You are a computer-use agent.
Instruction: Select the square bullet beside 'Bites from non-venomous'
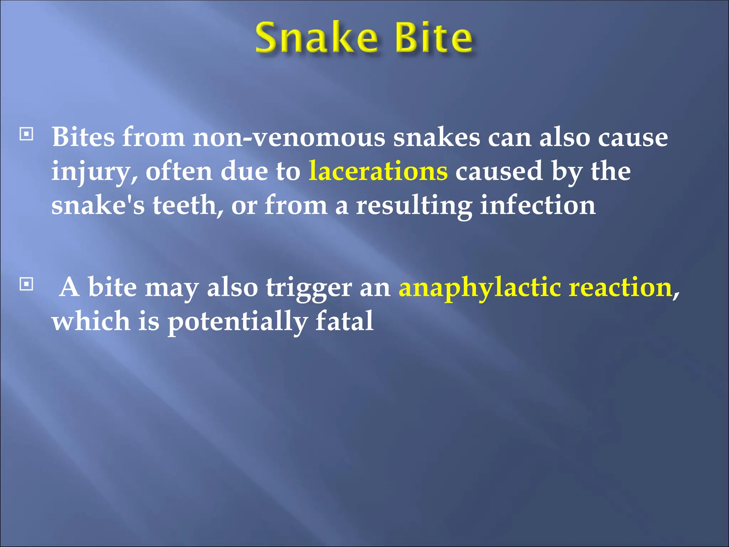coord(26,134)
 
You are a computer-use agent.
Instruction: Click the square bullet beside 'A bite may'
coord(26,284)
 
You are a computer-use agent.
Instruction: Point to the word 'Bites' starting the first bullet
coord(83,137)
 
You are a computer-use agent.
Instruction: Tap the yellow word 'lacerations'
coord(378,171)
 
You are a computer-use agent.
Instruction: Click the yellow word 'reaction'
coord(620,287)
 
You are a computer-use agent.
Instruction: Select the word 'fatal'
coord(344,321)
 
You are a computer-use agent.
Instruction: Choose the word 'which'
coord(91,321)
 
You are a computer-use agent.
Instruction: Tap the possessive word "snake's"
coord(98,205)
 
